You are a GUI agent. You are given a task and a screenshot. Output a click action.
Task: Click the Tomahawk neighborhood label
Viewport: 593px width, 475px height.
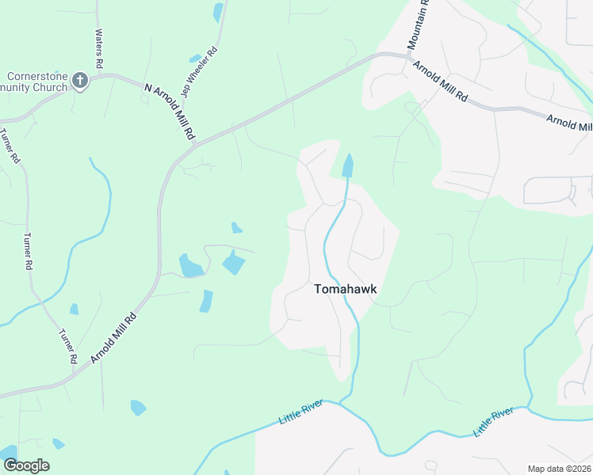coord(346,290)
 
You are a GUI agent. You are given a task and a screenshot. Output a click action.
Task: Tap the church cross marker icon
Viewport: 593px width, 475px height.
coord(79,80)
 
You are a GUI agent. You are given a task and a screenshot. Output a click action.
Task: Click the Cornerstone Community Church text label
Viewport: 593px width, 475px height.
coord(36,82)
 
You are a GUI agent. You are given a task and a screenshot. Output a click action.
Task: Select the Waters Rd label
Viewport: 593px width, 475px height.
coord(99,48)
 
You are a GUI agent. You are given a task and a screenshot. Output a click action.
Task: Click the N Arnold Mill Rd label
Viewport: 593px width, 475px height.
coord(170,111)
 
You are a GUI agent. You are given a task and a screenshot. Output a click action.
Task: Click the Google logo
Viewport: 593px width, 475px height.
coord(25,465)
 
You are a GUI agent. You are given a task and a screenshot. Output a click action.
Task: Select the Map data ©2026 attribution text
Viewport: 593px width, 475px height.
coord(559,469)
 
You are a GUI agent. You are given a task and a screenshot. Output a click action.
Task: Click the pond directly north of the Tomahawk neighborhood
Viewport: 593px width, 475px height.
coord(347,165)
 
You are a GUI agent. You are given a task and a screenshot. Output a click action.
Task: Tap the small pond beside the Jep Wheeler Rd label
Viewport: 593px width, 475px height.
coord(195,59)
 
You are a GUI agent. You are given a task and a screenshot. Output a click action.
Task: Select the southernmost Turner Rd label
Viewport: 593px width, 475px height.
coord(67,346)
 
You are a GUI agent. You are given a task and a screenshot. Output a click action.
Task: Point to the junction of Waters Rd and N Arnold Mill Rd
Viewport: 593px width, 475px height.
coord(98,75)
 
